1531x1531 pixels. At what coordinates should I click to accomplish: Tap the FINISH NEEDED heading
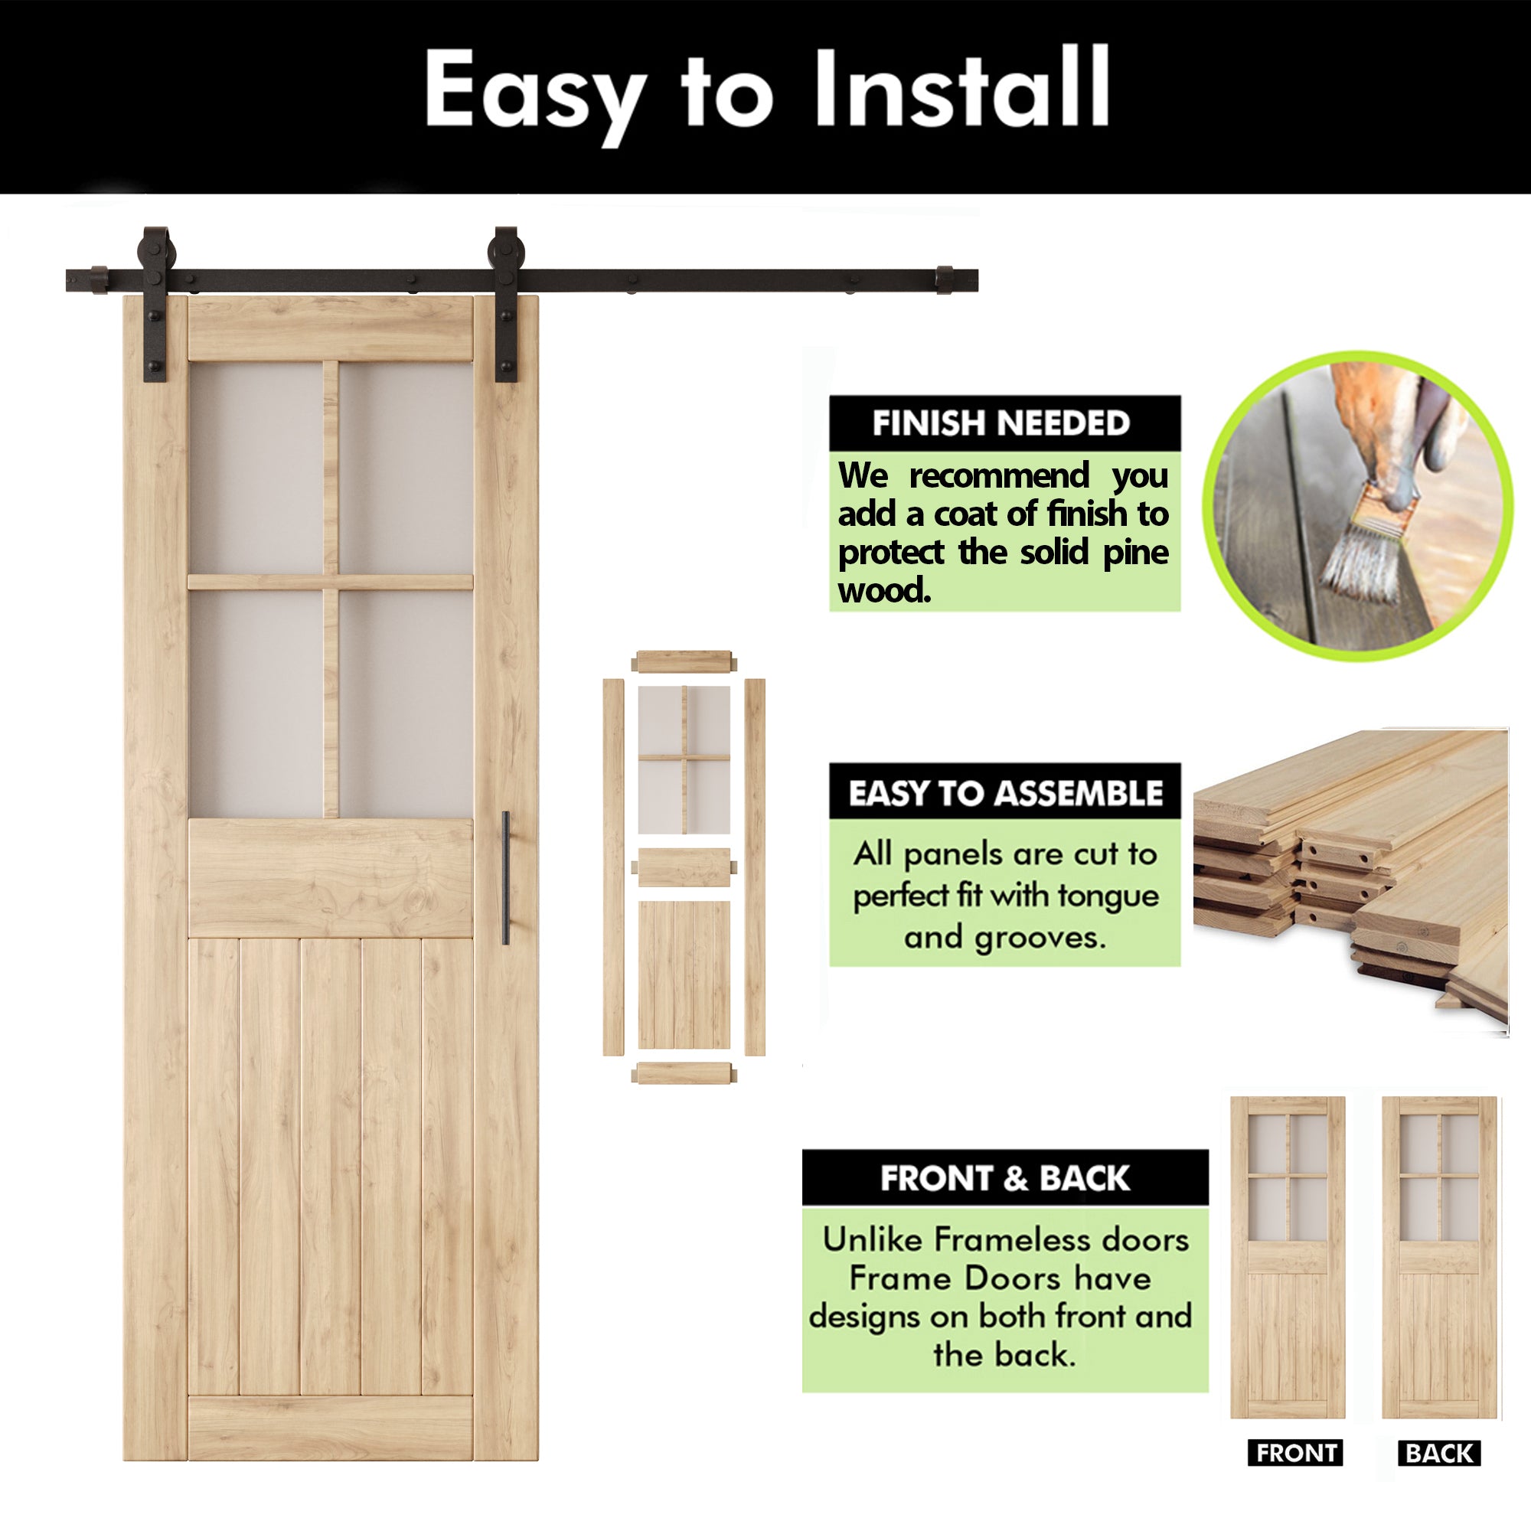1001,423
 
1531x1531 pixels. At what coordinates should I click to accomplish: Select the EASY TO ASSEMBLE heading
1005,793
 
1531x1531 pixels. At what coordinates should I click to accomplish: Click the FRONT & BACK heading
1005,1178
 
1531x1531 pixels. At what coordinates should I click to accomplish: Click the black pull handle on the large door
505,878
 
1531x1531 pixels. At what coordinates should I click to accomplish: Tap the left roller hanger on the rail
155,305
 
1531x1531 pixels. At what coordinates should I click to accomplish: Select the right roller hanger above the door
504,305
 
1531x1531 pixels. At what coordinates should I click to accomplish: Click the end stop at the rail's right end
944,279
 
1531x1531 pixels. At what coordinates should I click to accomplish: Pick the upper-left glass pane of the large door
256,468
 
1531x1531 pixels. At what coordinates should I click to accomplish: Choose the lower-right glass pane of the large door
406,703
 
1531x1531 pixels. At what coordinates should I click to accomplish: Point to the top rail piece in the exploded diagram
684,661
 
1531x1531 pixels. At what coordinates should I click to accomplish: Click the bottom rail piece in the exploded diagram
684,1074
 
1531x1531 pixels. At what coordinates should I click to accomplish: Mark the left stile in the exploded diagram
613,867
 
